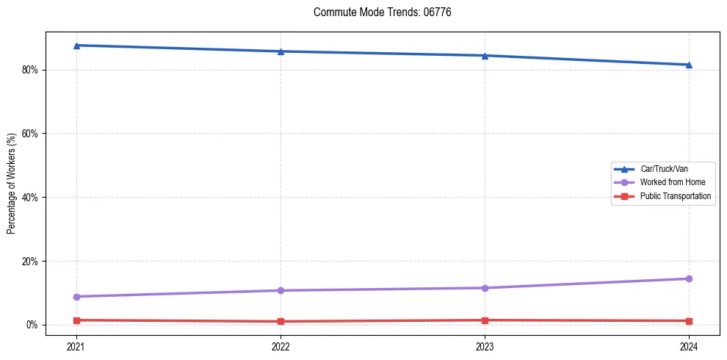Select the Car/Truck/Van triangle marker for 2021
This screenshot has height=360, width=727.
tap(76, 46)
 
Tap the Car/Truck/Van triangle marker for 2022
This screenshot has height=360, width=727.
tap(281, 51)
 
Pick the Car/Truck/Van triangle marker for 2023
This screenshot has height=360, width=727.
tap(485, 56)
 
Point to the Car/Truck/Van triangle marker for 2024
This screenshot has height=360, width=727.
tap(689, 65)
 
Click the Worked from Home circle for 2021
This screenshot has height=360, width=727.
tap(76, 297)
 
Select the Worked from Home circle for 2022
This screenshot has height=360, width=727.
tap(281, 290)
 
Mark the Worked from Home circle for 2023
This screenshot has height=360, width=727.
tap(485, 288)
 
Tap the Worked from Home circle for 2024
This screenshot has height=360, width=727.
tap(689, 278)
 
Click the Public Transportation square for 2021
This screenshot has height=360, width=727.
tap(76, 320)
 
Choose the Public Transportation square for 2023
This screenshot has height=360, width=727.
tap(485, 320)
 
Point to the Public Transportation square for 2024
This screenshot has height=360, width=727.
tap(689, 321)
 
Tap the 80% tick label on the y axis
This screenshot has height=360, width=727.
tap(30, 70)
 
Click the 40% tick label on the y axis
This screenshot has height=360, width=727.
tap(30, 198)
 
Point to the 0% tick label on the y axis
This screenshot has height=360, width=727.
tap(32, 325)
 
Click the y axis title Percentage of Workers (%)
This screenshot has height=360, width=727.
tap(11, 184)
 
